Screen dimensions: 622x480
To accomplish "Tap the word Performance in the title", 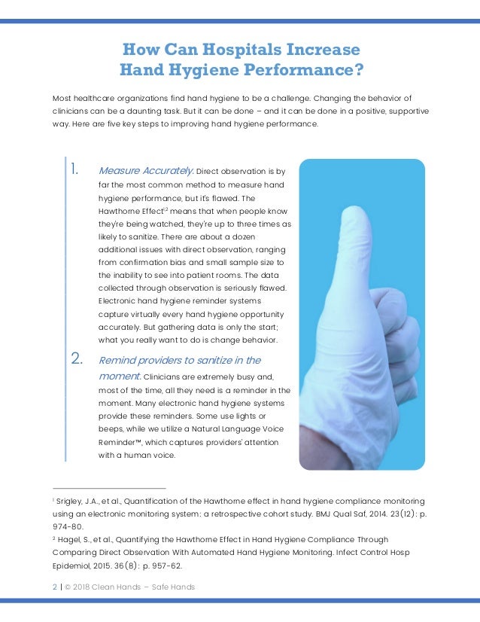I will click(x=304, y=71).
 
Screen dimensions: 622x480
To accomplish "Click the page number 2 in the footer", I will click(x=54, y=587).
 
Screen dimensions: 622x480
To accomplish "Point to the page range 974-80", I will click(x=68, y=527).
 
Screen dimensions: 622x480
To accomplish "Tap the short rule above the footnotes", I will click(x=109, y=489).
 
